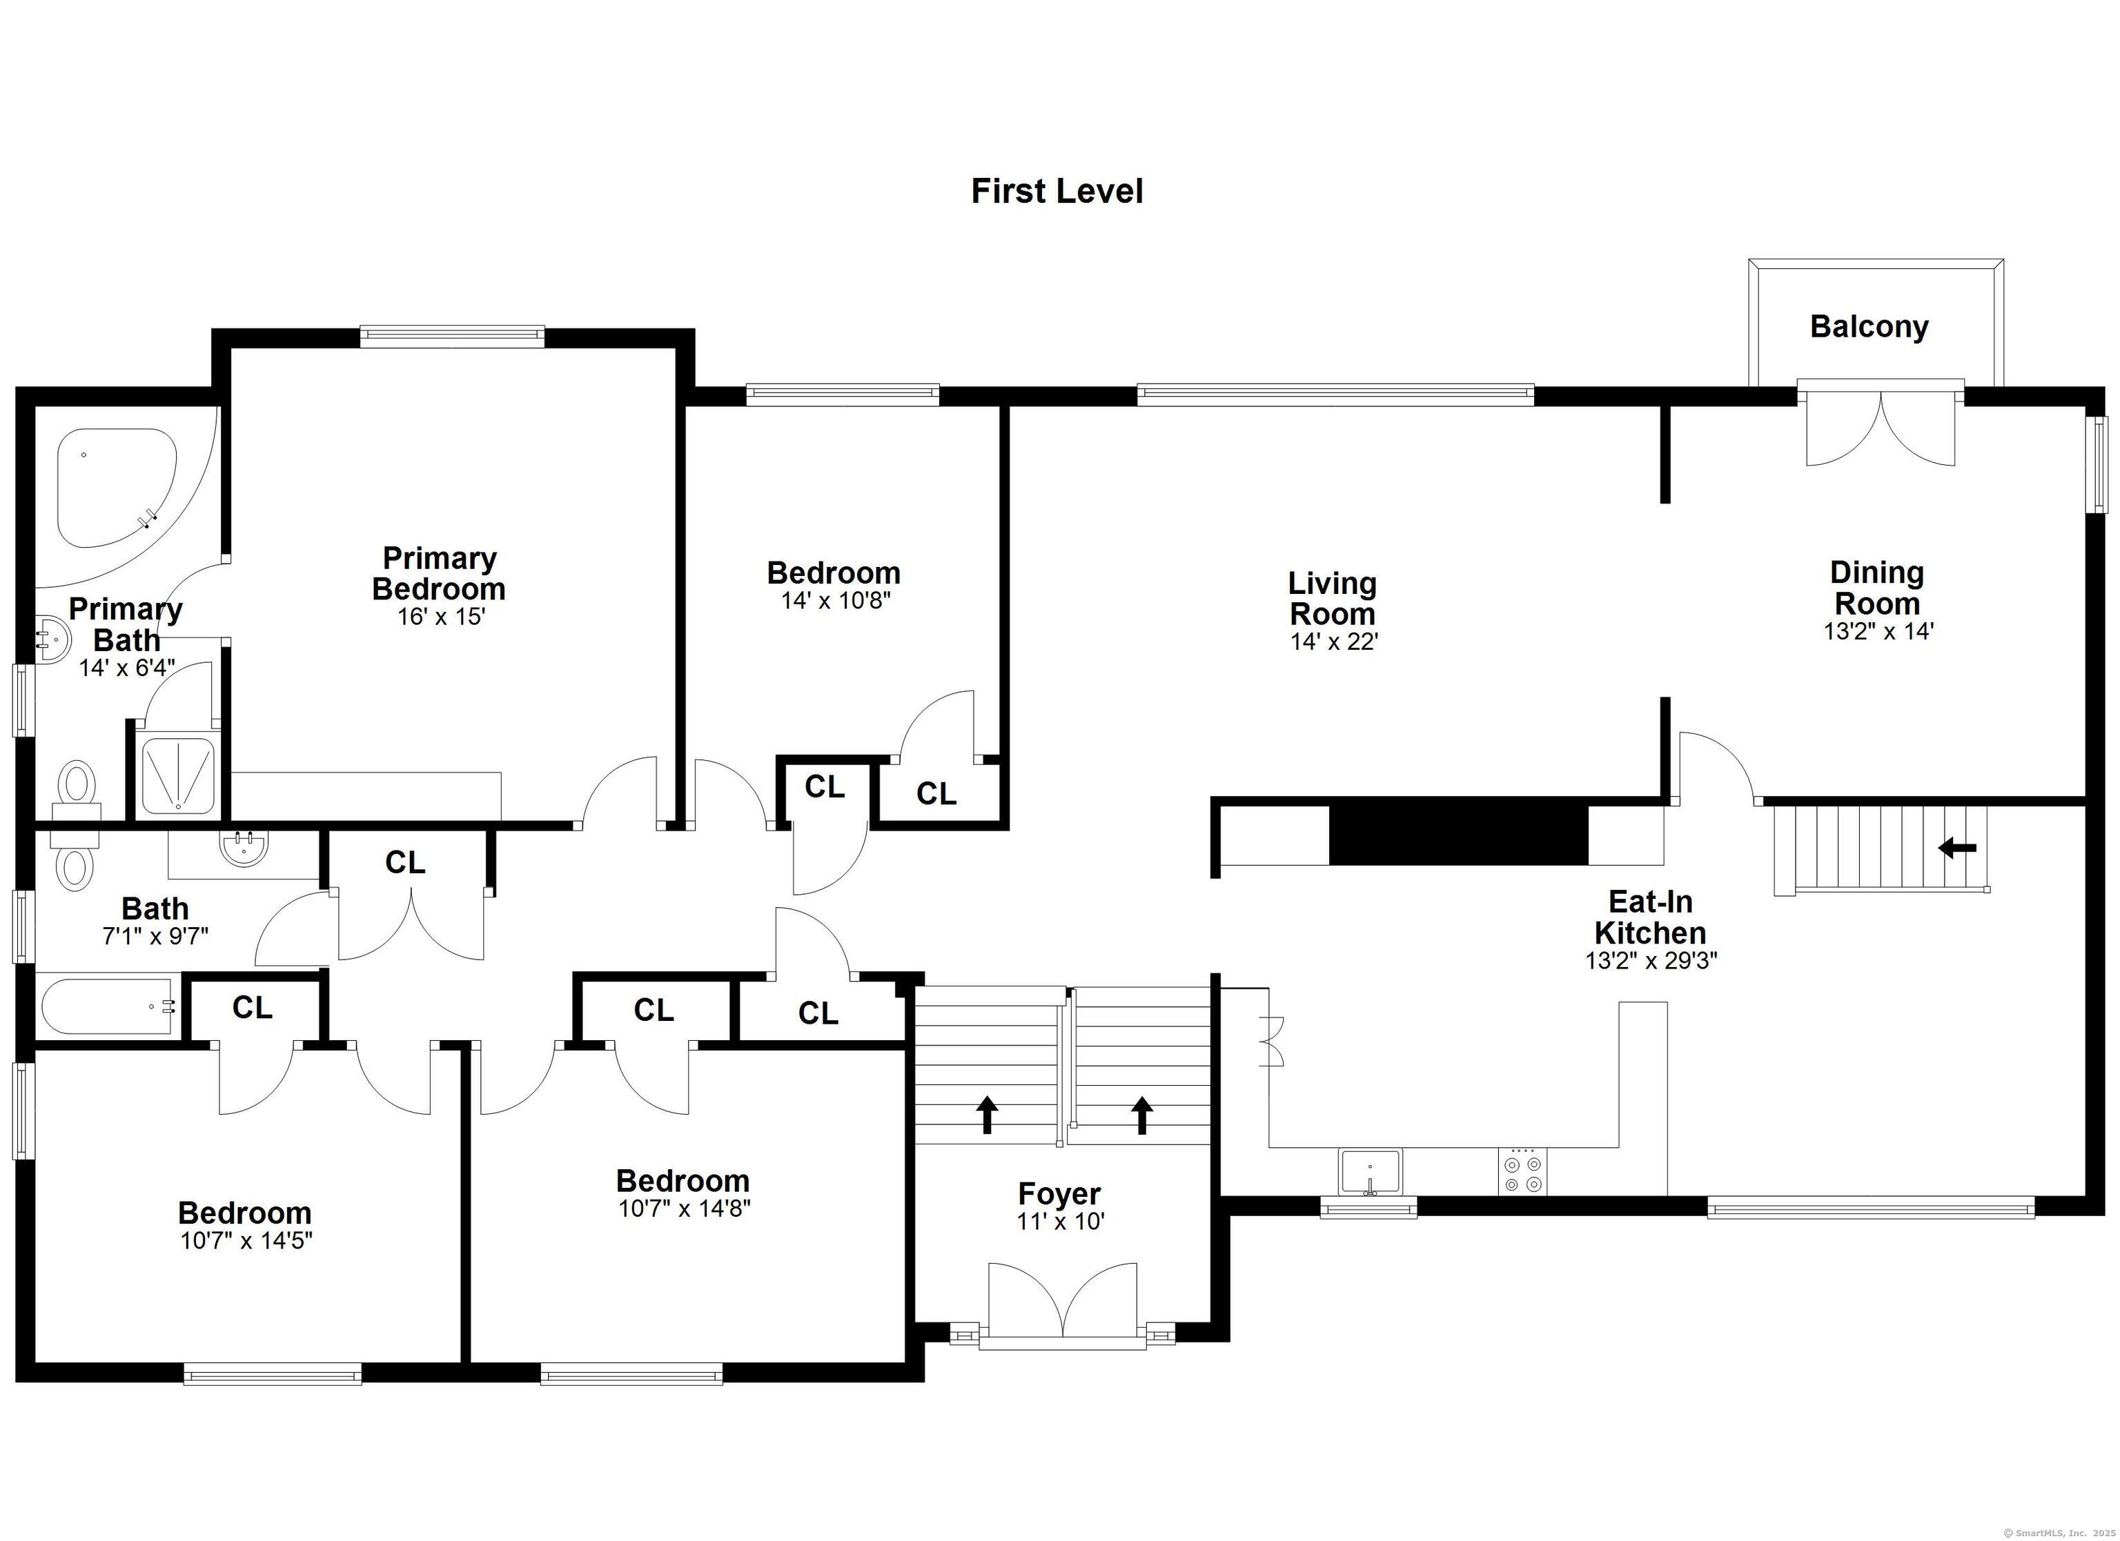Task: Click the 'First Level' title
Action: (1057, 192)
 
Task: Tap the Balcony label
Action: (1869, 326)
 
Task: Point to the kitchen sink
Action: (1371, 1172)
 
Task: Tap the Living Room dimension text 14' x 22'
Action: (1334, 642)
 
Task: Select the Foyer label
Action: (1059, 1193)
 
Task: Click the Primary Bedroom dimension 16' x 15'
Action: (441, 617)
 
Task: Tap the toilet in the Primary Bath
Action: (77, 790)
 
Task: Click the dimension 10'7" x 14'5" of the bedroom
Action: (246, 1241)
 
